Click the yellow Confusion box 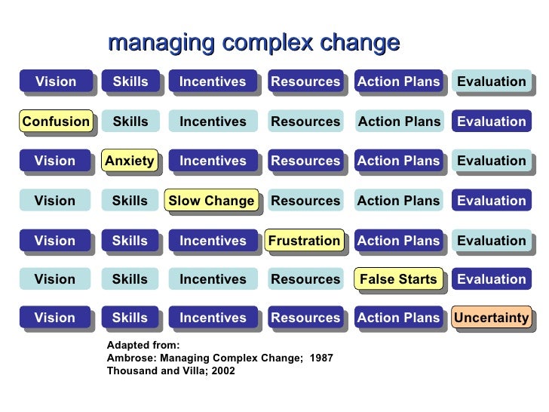pyautogui.click(x=56, y=121)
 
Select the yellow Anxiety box pyautogui.click(x=130, y=161)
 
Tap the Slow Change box pyautogui.click(x=211, y=201)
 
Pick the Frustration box pyautogui.click(x=305, y=241)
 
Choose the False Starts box pyautogui.click(x=398, y=279)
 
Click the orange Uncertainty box pyautogui.click(x=492, y=318)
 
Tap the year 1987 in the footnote pyautogui.click(x=322, y=358)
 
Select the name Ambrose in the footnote pyautogui.click(x=130, y=358)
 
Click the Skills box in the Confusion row pyautogui.click(x=130, y=121)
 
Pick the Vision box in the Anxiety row pyautogui.click(x=55, y=161)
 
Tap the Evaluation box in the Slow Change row pyautogui.click(x=492, y=201)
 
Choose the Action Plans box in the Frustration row pyautogui.click(x=398, y=241)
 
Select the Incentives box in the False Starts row pyautogui.click(x=213, y=279)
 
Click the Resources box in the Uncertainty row pyautogui.click(x=305, y=318)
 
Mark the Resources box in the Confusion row pyautogui.click(x=305, y=121)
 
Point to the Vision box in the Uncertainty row pyautogui.click(x=55, y=318)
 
